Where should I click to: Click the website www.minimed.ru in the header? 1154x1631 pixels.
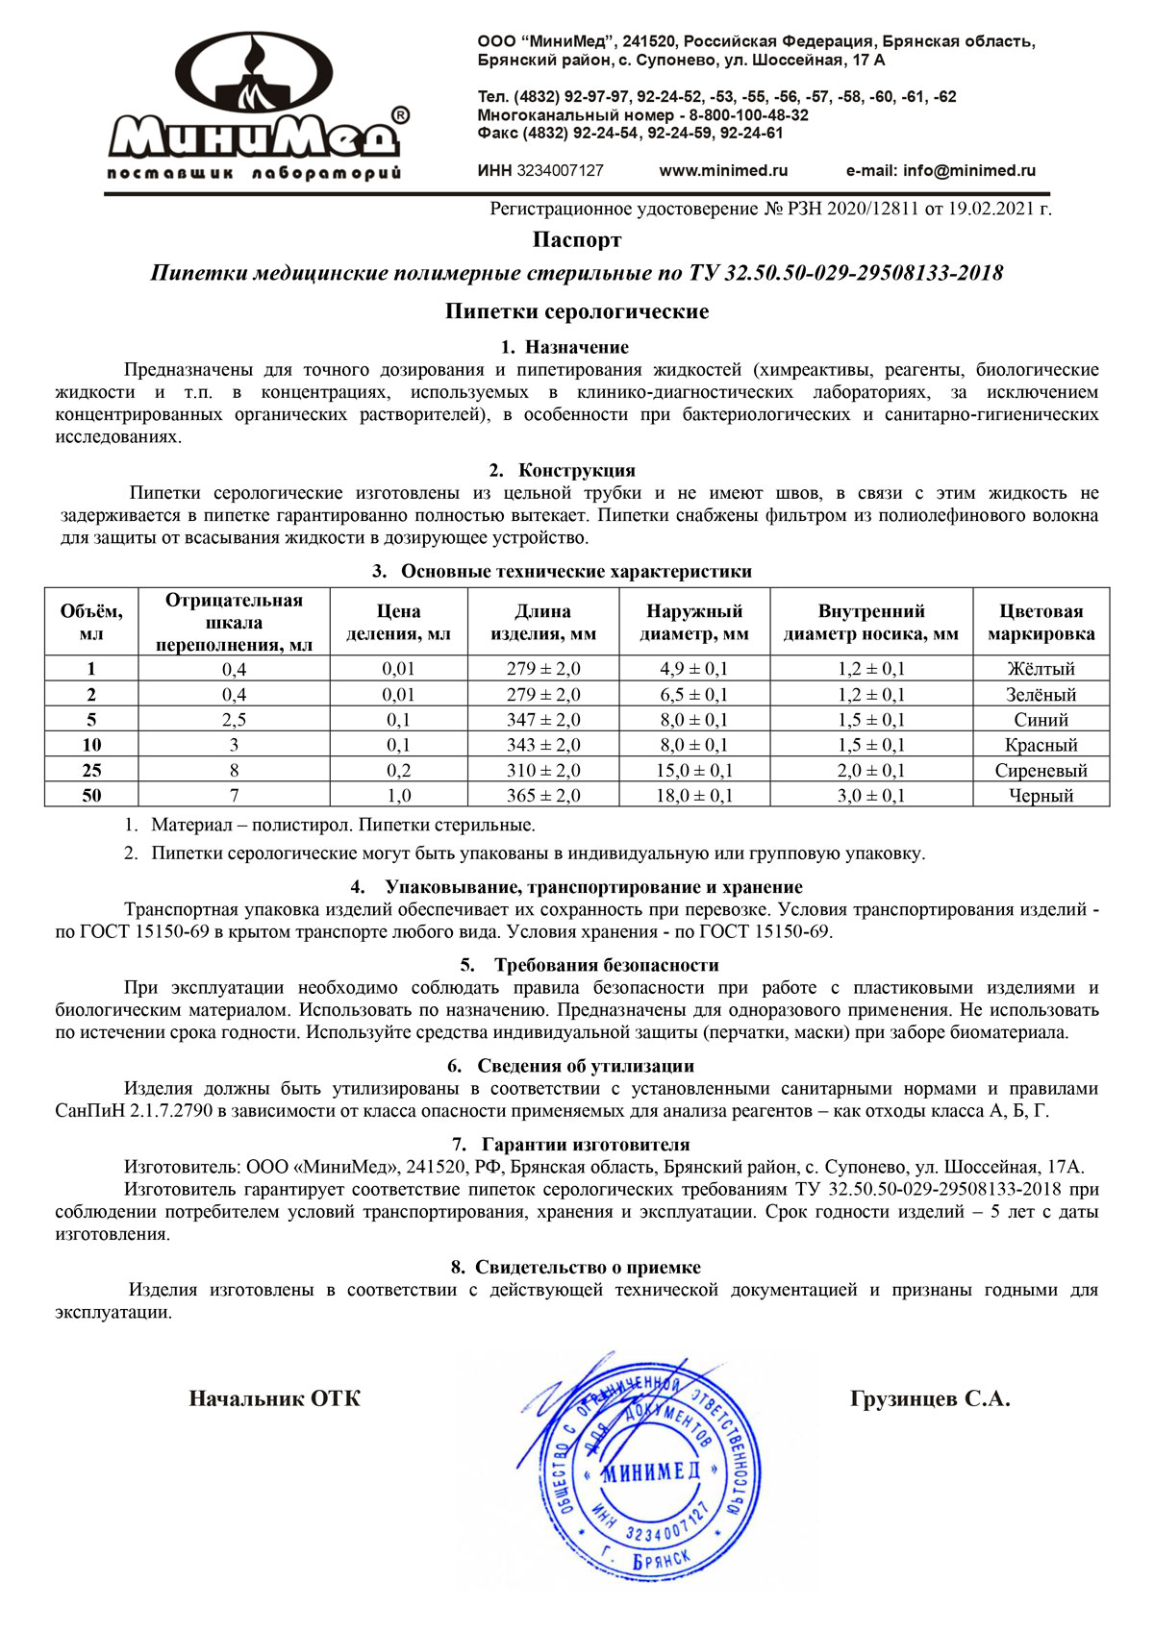pos(723,171)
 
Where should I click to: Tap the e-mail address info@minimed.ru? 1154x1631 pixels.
pos(941,171)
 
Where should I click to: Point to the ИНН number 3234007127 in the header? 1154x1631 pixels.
pos(561,171)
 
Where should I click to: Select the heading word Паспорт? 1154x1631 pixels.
pos(577,239)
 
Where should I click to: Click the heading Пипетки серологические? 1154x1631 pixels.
pos(577,311)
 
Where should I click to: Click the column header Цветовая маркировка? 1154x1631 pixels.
pos(1041,623)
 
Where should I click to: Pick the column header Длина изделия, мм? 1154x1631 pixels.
pos(543,623)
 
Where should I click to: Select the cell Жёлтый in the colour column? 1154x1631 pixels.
pos(1041,669)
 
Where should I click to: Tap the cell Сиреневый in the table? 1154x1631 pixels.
pos(1041,770)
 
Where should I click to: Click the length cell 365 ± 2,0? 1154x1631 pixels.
pos(543,795)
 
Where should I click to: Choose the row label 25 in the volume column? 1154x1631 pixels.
pos(91,770)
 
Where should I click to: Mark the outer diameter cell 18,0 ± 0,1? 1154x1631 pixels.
pos(693,795)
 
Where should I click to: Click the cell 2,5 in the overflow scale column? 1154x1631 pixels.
pos(234,720)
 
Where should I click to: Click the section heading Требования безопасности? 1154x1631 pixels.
pos(606,965)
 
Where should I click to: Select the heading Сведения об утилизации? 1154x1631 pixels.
pos(585,1066)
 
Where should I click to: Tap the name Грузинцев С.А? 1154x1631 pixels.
pos(930,1399)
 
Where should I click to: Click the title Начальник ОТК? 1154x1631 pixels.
pos(274,1399)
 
